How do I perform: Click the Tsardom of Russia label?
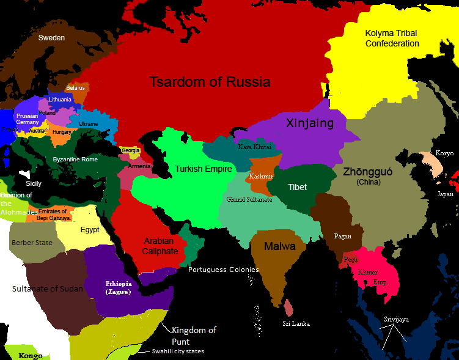click(210, 82)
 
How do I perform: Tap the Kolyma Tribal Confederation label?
click(392, 38)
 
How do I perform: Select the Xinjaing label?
click(310, 123)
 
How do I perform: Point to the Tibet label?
click(298, 187)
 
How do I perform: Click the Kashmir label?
click(260, 176)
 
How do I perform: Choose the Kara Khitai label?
click(254, 147)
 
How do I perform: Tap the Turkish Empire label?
click(195, 169)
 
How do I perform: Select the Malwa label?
click(279, 246)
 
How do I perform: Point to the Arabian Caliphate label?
click(161, 246)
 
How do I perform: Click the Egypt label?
click(90, 230)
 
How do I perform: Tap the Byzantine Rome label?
click(76, 160)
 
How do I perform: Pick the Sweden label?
click(51, 38)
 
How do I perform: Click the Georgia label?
click(131, 150)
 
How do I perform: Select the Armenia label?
click(139, 166)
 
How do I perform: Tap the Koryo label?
click(444, 153)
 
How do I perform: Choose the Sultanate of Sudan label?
click(48, 288)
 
